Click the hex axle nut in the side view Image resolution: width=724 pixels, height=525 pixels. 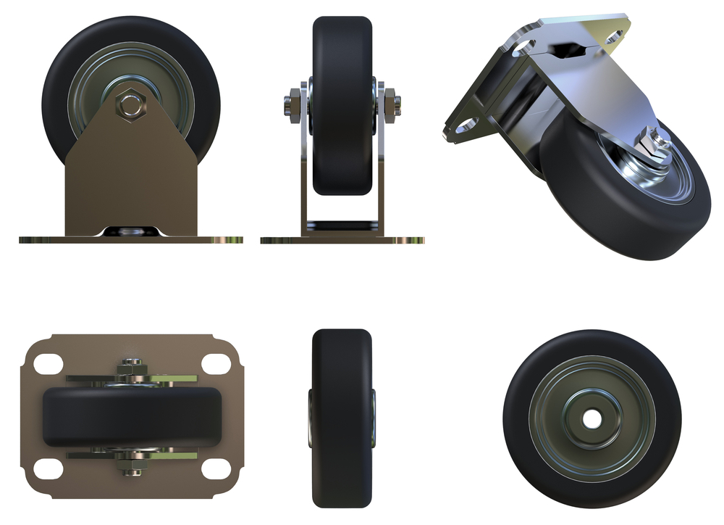(131, 102)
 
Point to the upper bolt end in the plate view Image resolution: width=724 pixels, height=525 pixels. (131, 365)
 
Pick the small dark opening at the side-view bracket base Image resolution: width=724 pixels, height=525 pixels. (131, 231)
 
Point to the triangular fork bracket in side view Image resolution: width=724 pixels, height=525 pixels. (131, 174)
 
